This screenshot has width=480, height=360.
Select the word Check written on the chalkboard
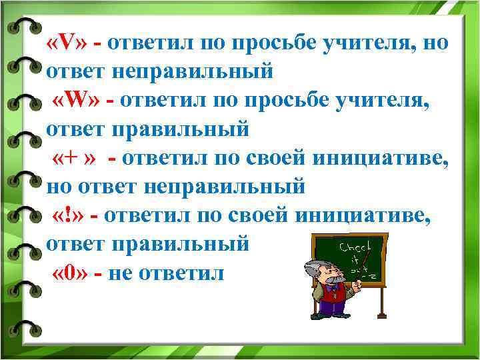[x=353, y=247]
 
